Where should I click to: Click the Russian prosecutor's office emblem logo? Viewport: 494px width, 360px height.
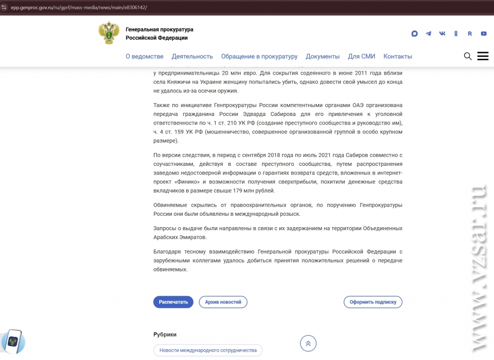[109, 33]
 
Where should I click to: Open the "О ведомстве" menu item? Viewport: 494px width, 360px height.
[145, 57]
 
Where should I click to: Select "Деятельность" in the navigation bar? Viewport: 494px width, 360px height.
[192, 57]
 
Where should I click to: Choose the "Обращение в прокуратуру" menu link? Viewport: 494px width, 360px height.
[259, 57]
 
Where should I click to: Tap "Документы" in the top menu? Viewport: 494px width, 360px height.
[323, 57]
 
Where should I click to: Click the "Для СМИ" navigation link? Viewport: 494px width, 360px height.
[361, 57]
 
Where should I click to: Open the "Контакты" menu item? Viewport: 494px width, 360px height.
[398, 57]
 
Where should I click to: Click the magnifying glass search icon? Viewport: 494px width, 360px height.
[468, 56]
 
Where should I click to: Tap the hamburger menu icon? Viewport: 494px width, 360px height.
[483, 56]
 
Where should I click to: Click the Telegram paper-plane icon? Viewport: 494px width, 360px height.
[429, 33]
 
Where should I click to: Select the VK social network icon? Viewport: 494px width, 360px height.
[443, 33]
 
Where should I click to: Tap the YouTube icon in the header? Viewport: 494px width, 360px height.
[484, 33]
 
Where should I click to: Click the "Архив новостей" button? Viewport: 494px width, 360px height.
[223, 302]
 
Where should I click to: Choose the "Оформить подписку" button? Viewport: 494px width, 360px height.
[373, 302]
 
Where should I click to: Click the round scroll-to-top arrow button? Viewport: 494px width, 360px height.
[308, 344]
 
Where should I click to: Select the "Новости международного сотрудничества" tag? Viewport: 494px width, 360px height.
[208, 350]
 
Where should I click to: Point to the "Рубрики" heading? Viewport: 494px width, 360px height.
[165, 334]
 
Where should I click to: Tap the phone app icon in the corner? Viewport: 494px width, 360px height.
[12, 341]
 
